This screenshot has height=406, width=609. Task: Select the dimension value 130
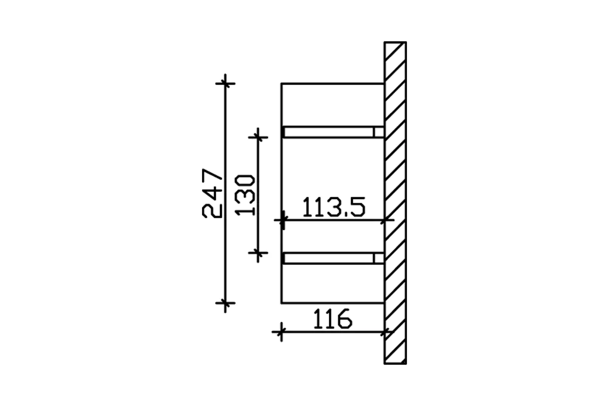click(x=245, y=195)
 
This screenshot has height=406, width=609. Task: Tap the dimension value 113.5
click(x=333, y=208)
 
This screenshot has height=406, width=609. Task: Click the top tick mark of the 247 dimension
click(x=225, y=83)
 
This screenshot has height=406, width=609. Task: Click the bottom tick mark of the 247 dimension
click(x=225, y=303)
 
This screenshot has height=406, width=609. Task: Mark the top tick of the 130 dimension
click(x=259, y=136)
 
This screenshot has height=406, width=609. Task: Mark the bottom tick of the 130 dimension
click(x=259, y=252)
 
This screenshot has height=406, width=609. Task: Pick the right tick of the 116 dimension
click(x=387, y=332)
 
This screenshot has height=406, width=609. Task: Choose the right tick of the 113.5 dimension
click(x=387, y=220)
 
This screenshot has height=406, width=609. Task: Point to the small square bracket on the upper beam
click(x=379, y=132)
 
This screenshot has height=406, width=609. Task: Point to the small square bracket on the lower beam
click(x=379, y=259)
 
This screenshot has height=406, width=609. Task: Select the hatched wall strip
click(x=395, y=203)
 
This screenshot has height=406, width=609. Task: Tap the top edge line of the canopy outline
click(x=332, y=83)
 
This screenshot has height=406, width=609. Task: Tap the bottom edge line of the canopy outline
click(x=332, y=303)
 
